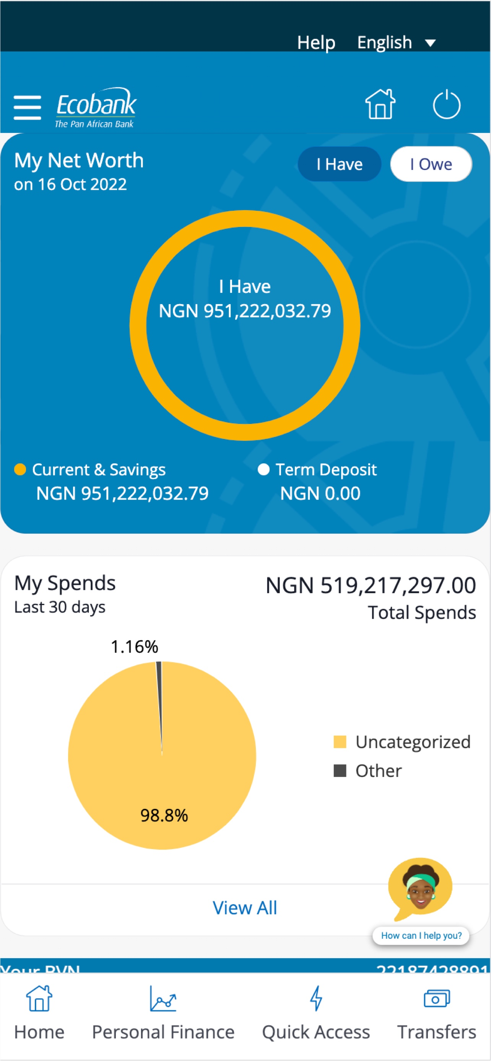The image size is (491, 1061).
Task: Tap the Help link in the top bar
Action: tap(316, 42)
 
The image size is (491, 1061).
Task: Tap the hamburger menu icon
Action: tap(27, 107)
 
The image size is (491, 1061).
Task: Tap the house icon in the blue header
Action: tap(380, 105)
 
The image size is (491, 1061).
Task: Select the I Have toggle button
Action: tap(339, 164)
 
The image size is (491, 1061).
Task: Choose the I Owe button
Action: tap(431, 164)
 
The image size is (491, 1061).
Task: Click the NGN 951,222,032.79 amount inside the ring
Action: tap(245, 311)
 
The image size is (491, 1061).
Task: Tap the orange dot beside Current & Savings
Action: tap(20, 469)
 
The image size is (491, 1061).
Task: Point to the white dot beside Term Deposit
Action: tap(263, 469)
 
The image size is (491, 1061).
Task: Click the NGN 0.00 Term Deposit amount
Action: tap(320, 493)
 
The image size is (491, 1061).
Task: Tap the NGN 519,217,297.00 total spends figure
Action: tap(370, 585)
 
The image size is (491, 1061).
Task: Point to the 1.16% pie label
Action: tap(134, 647)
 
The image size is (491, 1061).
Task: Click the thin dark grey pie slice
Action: tap(159, 692)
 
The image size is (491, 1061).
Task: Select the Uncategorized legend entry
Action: tap(402, 742)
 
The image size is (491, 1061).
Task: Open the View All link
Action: tap(245, 908)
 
